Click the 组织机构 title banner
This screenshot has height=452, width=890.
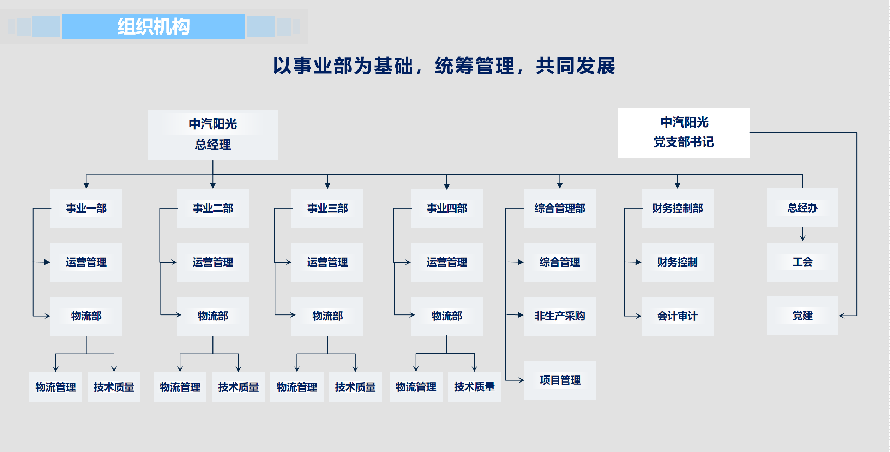point(154,26)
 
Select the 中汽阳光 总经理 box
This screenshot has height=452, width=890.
point(213,135)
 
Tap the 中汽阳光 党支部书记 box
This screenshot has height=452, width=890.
point(684,133)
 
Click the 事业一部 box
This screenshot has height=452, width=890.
point(86,208)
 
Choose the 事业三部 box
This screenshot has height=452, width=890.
point(327,208)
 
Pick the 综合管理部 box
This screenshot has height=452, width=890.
point(560,208)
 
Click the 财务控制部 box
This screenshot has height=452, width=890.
point(678,208)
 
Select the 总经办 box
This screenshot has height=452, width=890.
point(802,208)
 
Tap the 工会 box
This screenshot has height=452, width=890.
point(802,262)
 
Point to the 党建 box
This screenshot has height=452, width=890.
point(802,316)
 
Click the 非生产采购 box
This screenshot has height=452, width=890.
point(560,316)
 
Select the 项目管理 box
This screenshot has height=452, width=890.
point(560,380)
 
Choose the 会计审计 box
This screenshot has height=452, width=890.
point(678,316)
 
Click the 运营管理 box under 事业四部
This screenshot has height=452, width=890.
point(447,262)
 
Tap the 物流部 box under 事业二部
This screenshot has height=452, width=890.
point(213,316)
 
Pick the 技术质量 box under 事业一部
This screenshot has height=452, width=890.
point(114,387)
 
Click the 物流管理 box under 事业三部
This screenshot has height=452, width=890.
point(297,387)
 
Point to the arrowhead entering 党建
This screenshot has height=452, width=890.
point(842,316)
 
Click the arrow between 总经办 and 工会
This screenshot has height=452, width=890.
point(802,234)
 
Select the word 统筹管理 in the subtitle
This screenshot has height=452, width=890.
point(475,66)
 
